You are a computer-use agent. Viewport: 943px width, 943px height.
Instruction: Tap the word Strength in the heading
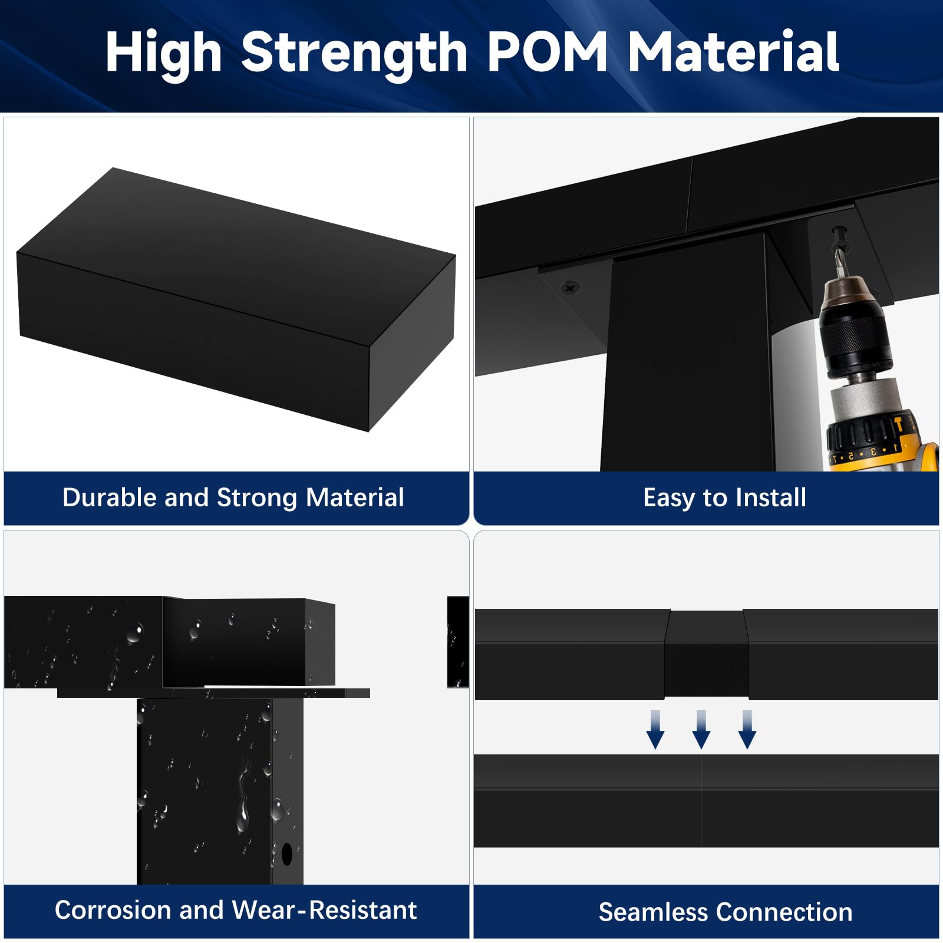click(354, 54)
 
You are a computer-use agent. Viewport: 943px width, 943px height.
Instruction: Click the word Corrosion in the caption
click(113, 909)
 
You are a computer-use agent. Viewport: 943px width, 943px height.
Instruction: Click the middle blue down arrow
click(701, 730)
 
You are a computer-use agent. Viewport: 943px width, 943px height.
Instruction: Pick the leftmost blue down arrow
click(655, 730)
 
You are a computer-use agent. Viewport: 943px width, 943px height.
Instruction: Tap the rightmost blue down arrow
click(747, 730)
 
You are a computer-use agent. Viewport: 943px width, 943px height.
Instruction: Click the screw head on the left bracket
click(570, 288)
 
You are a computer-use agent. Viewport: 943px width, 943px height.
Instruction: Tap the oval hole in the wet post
click(287, 853)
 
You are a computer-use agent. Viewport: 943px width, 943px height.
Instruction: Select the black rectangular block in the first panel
click(236, 299)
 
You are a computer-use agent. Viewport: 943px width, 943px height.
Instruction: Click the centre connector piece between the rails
click(706, 654)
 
